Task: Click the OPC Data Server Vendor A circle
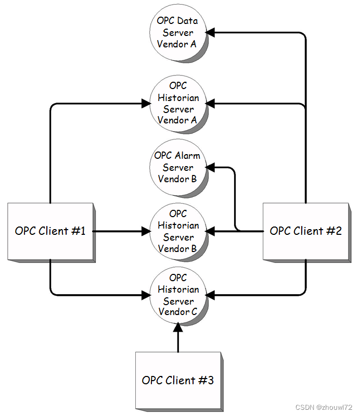coord(177,32)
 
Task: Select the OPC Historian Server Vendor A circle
coord(177,103)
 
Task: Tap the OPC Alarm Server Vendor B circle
coord(177,167)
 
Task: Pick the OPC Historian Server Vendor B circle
coord(177,231)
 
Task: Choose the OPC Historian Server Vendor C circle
coord(177,295)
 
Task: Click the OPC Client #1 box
coord(50,231)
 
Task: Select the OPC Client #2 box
coord(305,231)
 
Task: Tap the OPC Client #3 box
coord(177,380)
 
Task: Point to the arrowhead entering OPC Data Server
coord(210,32)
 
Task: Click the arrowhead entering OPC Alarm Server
coord(211,167)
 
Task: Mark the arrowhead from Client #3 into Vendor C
coord(178,327)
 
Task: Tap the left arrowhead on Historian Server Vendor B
coord(145,231)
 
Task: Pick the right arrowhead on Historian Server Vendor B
coord(211,231)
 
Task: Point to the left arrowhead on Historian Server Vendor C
coord(145,295)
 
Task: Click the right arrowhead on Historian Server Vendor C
coord(211,295)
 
